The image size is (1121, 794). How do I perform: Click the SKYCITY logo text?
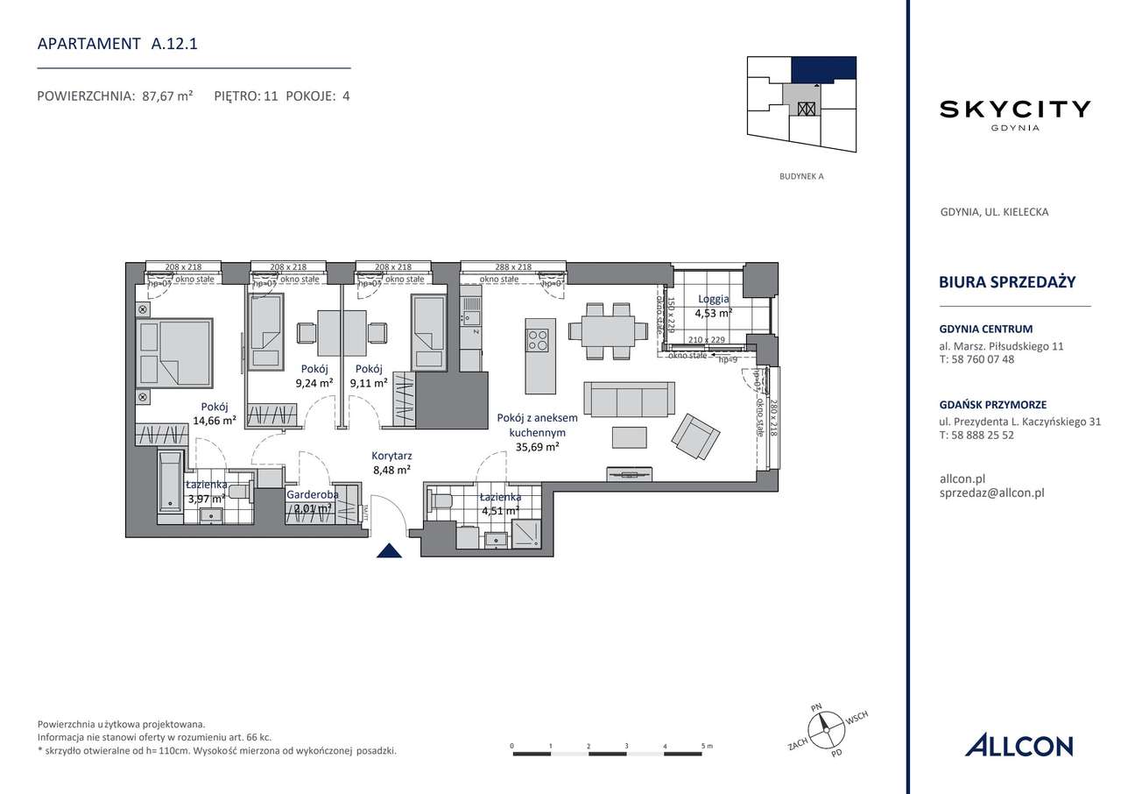coord(1015,109)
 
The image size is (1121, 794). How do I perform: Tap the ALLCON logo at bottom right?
coord(1019,746)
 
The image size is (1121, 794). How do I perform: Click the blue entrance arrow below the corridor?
coord(389,550)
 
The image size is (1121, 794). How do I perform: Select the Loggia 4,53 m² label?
coord(713,305)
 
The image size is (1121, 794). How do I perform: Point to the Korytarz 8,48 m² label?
coord(391,463)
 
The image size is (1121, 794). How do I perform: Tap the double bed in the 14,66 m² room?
coord(174,352)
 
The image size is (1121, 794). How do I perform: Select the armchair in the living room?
coord(696,436)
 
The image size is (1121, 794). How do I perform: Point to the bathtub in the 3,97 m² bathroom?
coord(170,486)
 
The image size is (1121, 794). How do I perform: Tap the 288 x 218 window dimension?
coord(513,267)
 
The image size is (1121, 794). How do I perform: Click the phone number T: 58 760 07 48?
coord(976,359)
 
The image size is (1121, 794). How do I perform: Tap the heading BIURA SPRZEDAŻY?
coord(1006,281)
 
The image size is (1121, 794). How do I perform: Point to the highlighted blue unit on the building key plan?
coord(823,69)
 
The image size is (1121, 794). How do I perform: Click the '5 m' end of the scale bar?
coord(705,746)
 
